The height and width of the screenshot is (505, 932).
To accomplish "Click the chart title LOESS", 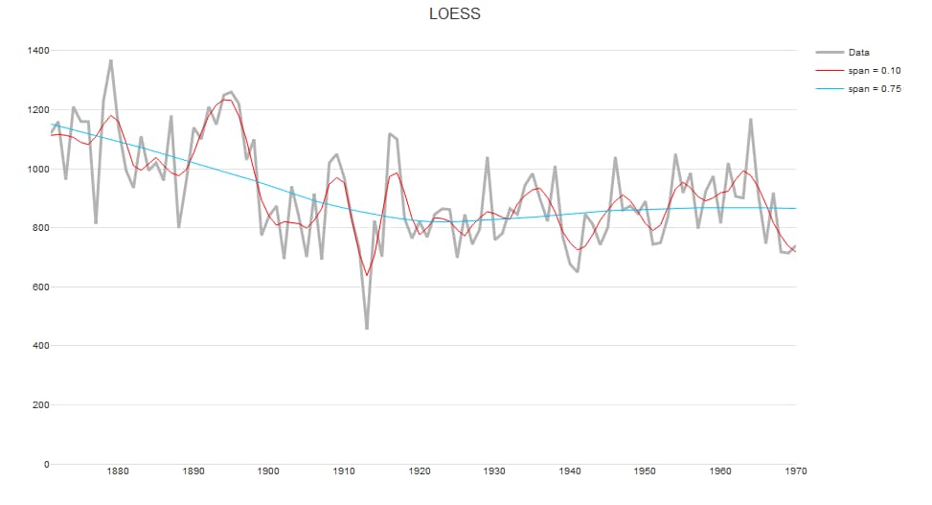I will click(x=454, y=14).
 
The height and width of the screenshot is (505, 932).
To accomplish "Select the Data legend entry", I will click(x=857, y=53).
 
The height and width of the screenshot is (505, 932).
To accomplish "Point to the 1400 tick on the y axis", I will click(x=37, y=50).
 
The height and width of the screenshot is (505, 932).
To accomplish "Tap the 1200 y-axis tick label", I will click(x=37, y=109).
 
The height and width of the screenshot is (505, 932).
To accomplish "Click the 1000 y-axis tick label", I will click(x=37, y=169).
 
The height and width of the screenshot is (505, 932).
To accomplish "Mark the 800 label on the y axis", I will click(x=40, y=228).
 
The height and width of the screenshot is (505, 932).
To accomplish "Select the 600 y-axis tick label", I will click(x=40, y=287).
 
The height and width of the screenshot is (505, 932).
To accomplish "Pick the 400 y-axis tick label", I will click(x=40, y=346).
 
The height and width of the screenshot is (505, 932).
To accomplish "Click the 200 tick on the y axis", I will click(x=40, y=405).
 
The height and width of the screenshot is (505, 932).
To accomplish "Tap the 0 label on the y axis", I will click(x=46, y=465).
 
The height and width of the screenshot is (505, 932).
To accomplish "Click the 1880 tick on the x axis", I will click(x=118, y=471).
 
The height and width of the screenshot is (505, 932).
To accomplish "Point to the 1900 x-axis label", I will click(x=268, y=471).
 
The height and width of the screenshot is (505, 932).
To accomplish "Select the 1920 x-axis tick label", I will click(x=420, y=471).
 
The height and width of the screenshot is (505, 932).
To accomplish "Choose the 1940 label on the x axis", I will click(x=570, y=471).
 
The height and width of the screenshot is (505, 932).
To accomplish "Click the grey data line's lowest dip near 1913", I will click(x=367, y=329).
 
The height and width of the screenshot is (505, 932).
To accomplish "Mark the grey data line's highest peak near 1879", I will click(x=111, y=60).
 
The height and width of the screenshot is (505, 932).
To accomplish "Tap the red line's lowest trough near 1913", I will click(x=367, y=275).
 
